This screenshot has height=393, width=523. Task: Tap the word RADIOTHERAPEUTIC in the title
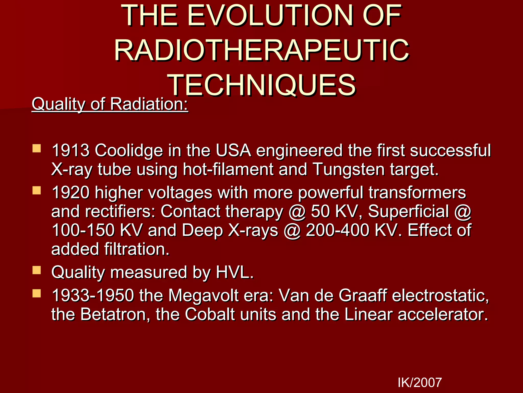point(261,50)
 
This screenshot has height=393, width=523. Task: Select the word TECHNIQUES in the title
point(263,85)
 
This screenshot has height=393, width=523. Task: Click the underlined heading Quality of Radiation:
point(110,104)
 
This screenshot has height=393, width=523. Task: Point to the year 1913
point(70,150)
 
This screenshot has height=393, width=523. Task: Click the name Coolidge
point(129,150)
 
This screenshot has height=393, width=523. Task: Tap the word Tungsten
point(348,169)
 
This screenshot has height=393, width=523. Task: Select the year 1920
point(70,192)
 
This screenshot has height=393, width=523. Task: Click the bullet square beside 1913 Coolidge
point(37,149)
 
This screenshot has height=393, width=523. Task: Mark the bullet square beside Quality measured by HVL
point(37,270)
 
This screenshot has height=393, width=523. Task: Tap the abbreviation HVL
point(234,272)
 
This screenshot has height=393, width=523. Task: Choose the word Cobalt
point(210,314)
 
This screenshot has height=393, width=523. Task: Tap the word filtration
point(137,249)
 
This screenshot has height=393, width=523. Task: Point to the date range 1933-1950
point(92,296)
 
